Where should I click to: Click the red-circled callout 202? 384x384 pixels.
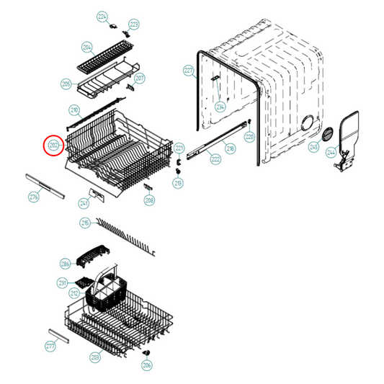pos(53,146)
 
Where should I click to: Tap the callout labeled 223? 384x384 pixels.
pos(133,25)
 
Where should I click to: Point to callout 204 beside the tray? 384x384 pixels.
pos(87,48)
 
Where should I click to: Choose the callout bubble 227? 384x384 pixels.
pos(189,71)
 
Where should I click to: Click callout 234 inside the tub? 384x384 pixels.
pos(220,106)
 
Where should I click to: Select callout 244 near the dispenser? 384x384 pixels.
pos(332,153)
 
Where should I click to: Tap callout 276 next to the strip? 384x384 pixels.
pos(33,196)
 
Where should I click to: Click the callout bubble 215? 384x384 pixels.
pos(85,224)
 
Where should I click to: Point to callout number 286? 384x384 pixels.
pos(65,264)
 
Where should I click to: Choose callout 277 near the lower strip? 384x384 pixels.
pos(50,347)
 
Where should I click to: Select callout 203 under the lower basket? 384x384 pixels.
pos(94,357)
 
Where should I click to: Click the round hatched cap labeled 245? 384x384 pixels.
pos(326,135)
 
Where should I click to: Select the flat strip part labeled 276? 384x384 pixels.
pos(45,183)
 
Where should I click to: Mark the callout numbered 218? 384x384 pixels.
pos(231,148)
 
